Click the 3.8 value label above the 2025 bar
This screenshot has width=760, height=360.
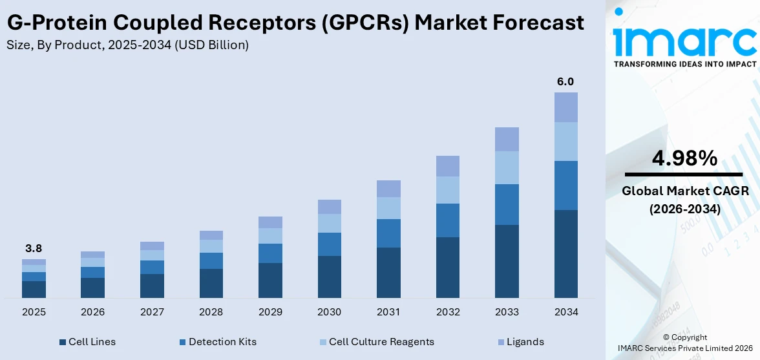point(34,248)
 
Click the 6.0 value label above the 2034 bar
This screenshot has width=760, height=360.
point(565,81)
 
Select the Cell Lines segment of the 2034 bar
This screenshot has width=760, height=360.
point(565,253)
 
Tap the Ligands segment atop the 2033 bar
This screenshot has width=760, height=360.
point(507,139)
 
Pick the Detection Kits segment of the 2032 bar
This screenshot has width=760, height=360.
point(447,220)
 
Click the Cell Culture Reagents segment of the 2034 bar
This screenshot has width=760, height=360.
point(565,141)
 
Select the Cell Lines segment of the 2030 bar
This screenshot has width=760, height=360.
point(329,277)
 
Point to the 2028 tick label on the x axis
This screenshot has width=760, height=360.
point(211,312)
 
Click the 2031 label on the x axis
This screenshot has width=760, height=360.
point(388,312)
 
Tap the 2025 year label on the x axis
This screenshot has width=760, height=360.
point(34,312)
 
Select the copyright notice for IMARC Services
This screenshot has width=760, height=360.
point(684,343)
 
